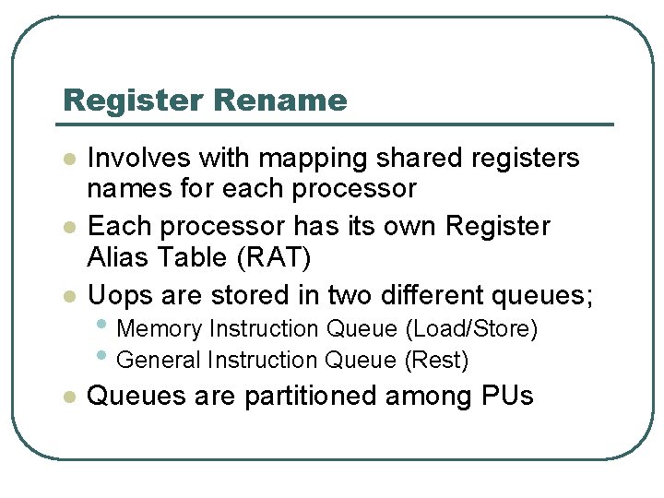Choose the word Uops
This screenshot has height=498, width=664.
tap(115, 295)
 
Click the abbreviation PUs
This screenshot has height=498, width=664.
tap(507, 396)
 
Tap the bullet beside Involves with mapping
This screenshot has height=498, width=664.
tap(67, 160)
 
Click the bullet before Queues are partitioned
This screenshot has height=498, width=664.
tap(67, 397)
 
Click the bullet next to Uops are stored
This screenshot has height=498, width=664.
tap(67, 296)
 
